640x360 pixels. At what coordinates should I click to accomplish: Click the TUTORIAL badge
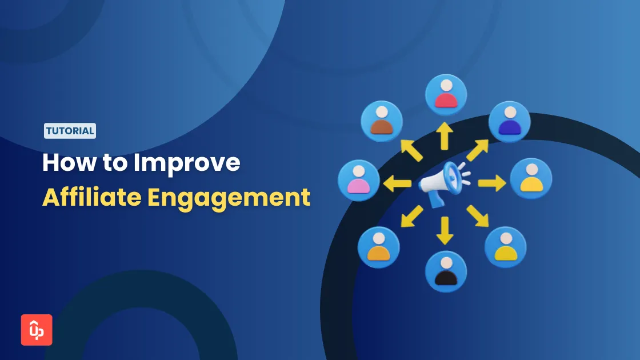(70, 131)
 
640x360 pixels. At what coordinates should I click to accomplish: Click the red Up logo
(37, 330)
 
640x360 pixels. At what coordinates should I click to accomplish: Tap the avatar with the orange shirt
(378, 247)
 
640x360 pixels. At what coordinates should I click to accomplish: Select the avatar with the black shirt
(446, 272)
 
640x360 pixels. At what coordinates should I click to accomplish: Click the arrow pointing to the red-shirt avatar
(445, 137)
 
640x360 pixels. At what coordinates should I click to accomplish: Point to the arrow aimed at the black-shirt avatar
(444, 229)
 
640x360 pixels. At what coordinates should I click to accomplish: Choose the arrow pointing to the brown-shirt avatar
(411, 150)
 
